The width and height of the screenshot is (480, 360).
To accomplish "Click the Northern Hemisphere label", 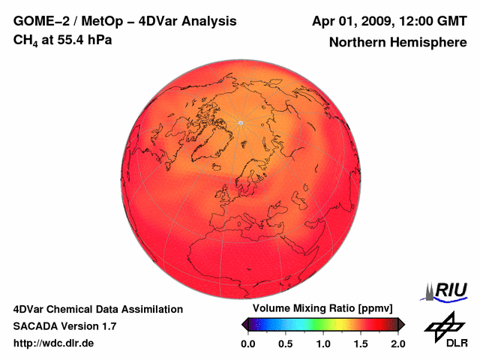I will point(397,43).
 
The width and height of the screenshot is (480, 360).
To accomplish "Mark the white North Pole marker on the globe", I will point(240,122).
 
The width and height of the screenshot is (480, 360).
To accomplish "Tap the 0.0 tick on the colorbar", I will point(247,343).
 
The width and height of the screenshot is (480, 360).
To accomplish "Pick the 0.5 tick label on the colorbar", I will point(285,343).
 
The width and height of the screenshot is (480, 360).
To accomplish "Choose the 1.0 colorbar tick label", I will point(323,343).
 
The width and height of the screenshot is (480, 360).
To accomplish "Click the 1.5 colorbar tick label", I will point(361,343).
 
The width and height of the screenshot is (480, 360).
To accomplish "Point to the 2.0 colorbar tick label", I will point(397,343).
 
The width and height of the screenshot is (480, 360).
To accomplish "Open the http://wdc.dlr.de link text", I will point(54,343).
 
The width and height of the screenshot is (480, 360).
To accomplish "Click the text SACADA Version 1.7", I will point(64,326).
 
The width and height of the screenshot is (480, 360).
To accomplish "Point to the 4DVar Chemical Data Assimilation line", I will point(97,309).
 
